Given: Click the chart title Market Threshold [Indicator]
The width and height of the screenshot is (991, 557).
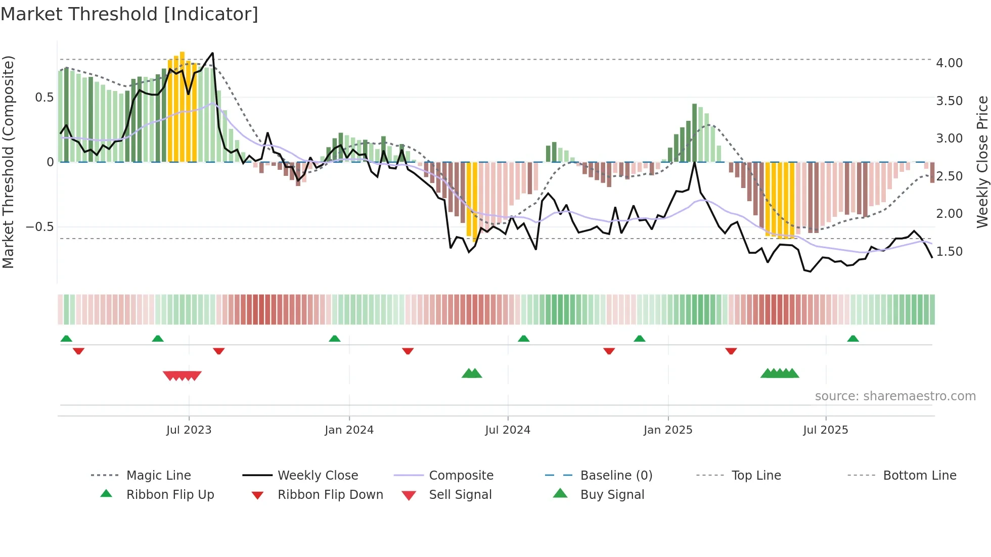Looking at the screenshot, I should coord(129,14).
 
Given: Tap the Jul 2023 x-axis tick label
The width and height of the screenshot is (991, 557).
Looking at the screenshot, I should coord(189,430).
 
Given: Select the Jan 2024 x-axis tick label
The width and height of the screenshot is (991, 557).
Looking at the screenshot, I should coord(349,430).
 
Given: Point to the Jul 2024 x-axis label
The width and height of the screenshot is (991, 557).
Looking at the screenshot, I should coord(508,430).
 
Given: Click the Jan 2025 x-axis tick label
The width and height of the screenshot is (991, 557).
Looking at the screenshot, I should coord(668,430).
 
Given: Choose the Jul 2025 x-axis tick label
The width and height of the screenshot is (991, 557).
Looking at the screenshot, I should coord(826,430).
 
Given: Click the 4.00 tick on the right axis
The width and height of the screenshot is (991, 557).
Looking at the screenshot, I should coord(949,63).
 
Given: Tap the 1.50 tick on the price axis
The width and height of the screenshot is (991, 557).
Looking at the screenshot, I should coord(949,252).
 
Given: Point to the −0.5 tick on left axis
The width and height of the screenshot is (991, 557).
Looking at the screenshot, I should coord(40,227).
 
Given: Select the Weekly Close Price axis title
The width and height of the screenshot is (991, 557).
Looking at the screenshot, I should coord(982,162).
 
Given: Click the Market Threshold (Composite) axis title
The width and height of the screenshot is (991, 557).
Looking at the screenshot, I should coord(8,162).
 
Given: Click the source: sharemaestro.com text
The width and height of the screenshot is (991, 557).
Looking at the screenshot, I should coord(895,396).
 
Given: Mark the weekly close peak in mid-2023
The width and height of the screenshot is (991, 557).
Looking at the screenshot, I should coord(212,53).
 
